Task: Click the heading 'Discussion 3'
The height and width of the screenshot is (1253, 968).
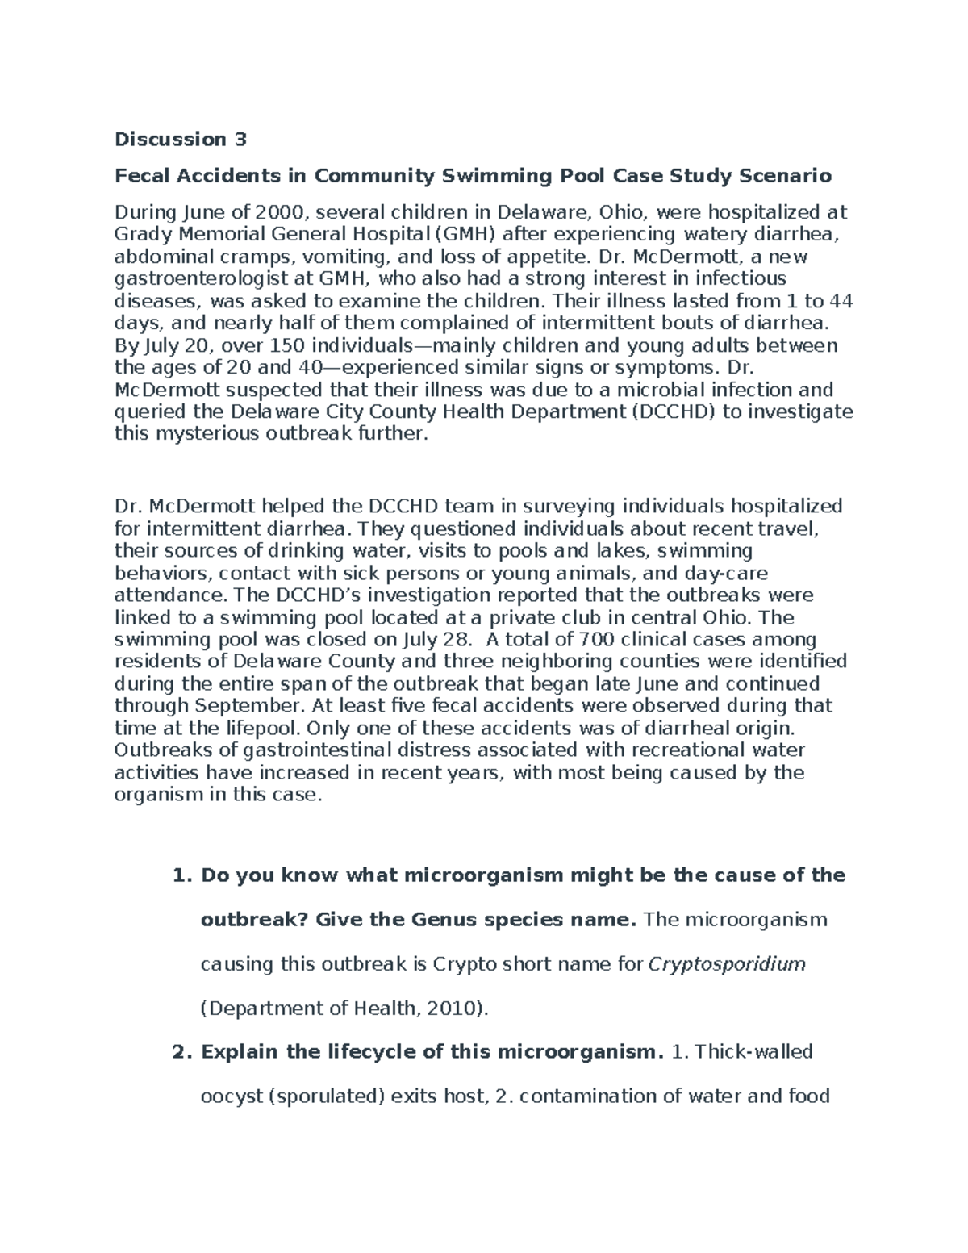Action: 180,140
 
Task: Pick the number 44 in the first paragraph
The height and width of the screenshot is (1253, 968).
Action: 841,301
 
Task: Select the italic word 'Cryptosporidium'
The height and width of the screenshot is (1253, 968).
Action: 727,964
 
